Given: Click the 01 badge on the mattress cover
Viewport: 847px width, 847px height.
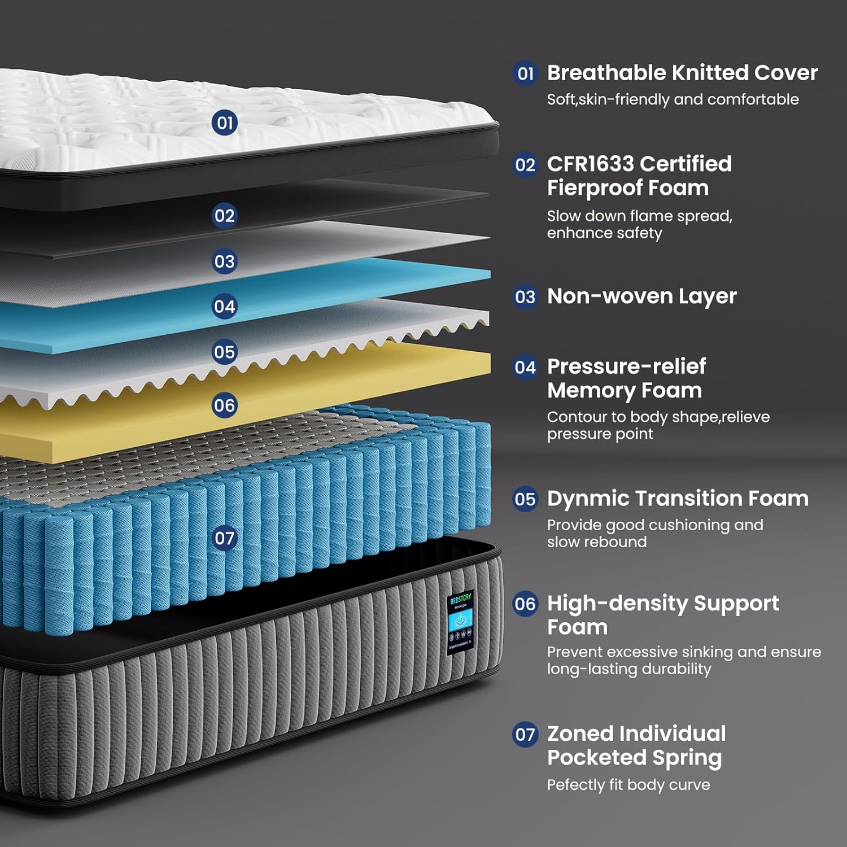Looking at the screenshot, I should [x=225, y=123].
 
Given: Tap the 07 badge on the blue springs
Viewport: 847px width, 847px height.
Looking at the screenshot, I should [x=224, y=538].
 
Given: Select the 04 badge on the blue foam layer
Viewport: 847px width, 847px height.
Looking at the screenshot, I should [x=224, y=307].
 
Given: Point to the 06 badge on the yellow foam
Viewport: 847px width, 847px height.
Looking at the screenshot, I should [x=224, y=405].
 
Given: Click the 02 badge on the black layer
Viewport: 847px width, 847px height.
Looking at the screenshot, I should [x=224, y=216].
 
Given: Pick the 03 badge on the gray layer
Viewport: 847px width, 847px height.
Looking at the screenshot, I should [x=224, y=261].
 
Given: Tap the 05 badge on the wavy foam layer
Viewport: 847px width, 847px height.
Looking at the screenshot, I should [x=224, y=352].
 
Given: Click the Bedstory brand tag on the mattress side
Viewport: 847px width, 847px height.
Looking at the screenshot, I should [x=460, y=623].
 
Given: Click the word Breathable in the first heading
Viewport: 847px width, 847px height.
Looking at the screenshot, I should [x=606, y=73].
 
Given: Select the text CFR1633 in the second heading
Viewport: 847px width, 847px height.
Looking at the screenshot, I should [x=591, y=164].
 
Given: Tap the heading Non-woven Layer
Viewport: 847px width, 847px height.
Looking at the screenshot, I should [x=641, y=296].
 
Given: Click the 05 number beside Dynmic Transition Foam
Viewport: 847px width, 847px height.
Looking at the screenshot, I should [x=525, y=499].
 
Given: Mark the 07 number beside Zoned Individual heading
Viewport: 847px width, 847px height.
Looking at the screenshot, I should [x=525, y=734].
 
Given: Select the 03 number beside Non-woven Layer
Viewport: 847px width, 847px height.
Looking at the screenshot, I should [x=525, y=297].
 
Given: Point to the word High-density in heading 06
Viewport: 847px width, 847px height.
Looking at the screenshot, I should [x=617, y=604].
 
